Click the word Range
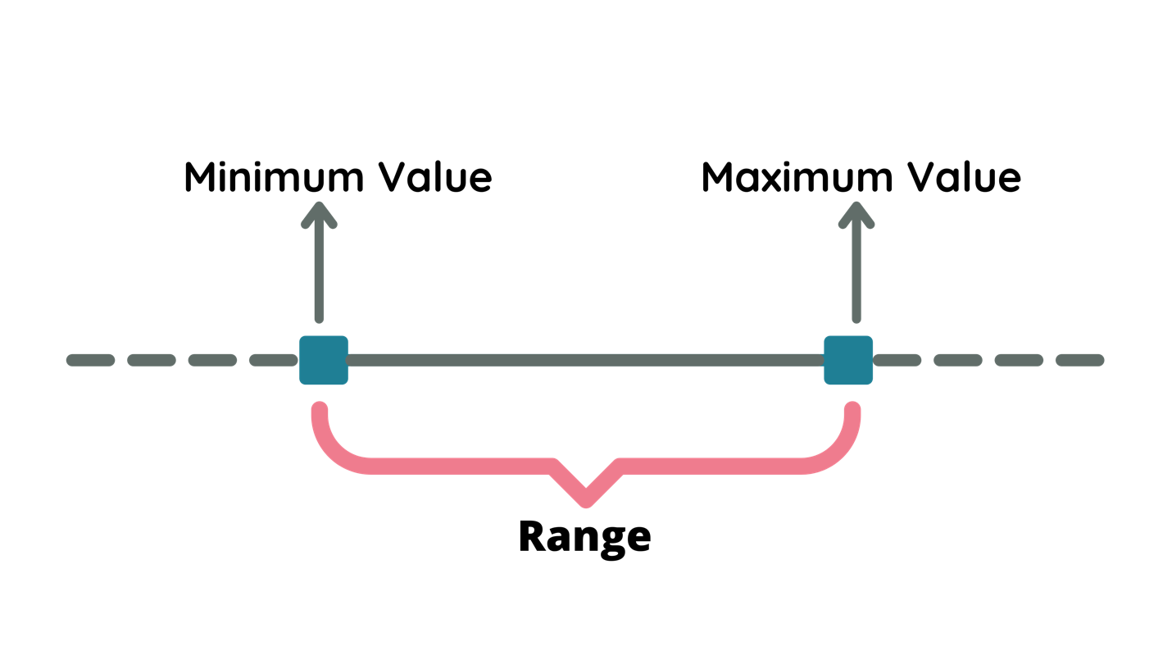point(584,537)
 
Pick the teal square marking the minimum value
point(323,360)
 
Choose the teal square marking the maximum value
point(848,360)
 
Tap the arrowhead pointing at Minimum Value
point(319,215)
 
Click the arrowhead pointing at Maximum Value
point(857,215)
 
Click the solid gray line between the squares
point(585,360)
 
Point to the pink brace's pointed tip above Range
point(585,496)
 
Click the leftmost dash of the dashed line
point(90,360)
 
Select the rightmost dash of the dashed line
point(1079,360)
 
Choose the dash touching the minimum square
point(274,360)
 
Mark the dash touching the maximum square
point(894,360)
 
